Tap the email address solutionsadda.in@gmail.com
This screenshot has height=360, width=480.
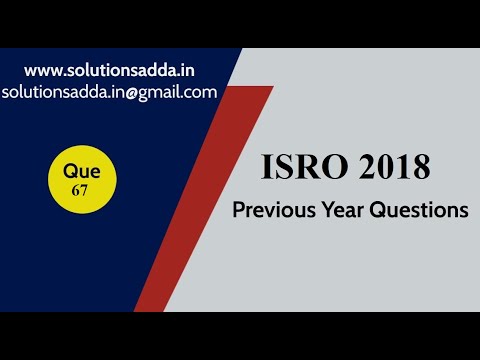pos(110,92)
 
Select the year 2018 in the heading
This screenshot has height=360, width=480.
pos(391,167)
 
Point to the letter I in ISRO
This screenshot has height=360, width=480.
pos(267,167)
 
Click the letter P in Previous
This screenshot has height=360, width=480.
pos(238,211)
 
